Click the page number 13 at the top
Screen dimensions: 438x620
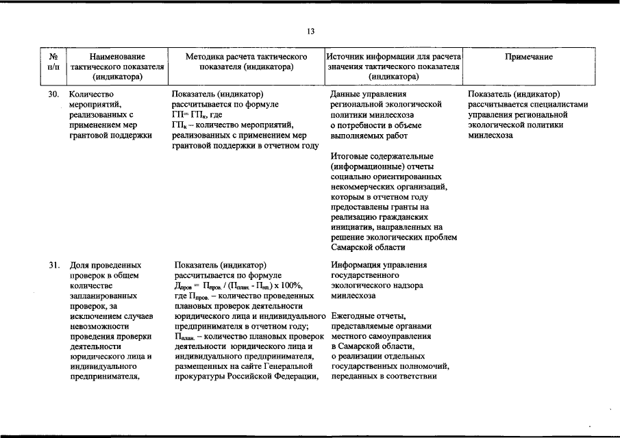click(x=310, y=31)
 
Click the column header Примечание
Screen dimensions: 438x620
click(x=528, y=57)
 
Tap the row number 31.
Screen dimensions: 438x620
click(x=55, y=265)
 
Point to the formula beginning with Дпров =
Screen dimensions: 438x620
click(x=238, y=285)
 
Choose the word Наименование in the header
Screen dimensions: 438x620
click(x=118, y=57)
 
